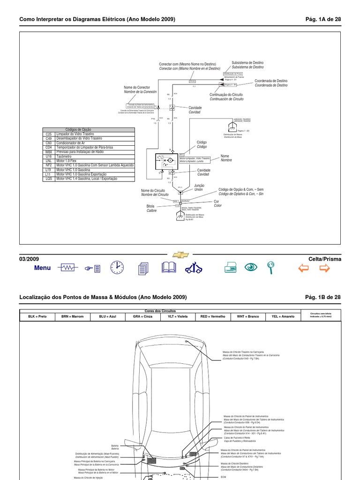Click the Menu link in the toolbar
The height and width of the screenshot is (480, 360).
click(x=42, y=268)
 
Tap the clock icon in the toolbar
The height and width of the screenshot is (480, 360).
click(x=117, y=267)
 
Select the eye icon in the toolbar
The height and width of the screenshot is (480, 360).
click(x=252, y=267)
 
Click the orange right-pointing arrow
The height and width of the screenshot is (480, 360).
click(x=324, y=268)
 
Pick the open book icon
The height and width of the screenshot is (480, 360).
click(x=168, y=267)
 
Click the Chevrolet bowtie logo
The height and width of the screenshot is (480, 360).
click(x=180, y=255)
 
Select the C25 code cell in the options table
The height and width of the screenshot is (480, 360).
click(x=49, y=135)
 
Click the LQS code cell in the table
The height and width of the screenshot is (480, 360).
click(x=49, y=179)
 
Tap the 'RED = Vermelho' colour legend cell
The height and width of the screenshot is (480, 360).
click(x=213, y=316)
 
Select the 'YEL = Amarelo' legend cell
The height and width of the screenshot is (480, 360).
click(x=283, y=316)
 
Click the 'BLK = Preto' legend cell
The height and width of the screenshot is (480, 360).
click(x=37, y=316)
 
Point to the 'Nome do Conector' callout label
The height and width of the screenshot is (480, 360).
click(x=137, y=88)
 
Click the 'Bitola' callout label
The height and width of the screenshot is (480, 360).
click(x=150, y=206)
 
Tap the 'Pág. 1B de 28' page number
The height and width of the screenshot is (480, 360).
click(x=323, y=297)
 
